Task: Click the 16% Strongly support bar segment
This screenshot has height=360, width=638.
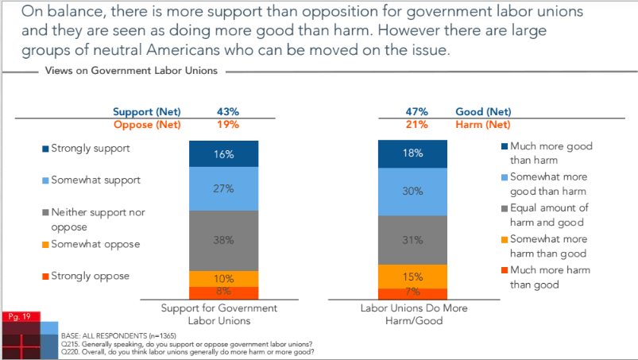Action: pyautogui.click(x=223, y=154)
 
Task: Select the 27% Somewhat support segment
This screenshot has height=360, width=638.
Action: pyautogui.click(x=223, y=189)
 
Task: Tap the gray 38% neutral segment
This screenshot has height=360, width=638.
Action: pyautogui.click(x=223, y=240)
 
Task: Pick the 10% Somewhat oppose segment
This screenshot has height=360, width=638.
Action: pyautogui.click(x=223, y=278)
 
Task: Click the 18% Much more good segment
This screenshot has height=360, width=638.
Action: pyautogui.click(x=412, y=154)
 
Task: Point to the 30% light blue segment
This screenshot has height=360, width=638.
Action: pyautogui.click(x=412, y=192)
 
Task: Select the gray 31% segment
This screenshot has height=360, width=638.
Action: pyautogui.click(x=412, y=239)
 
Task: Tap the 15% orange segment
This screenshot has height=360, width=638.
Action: pyautogui.click(x=412, y=276)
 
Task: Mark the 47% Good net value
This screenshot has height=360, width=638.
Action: pyautogui.click(x=417, y=112)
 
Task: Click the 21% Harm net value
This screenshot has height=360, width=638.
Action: pyautogui.click(x=417, y=125)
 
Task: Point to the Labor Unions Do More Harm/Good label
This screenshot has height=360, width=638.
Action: pyautogui.click(x=412, y=313)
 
